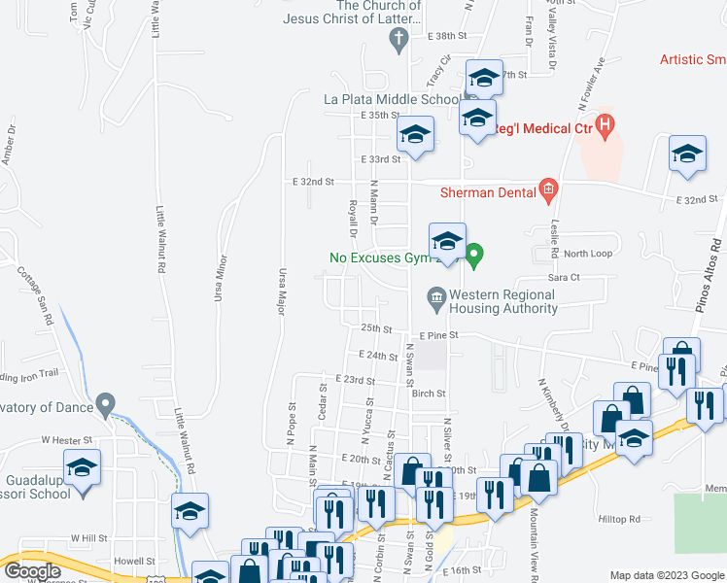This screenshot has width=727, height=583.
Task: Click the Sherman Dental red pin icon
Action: pyautogui.click(x=548, y=192)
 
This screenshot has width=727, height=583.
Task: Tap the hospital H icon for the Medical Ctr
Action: pyautogui.click(x=606, y=124)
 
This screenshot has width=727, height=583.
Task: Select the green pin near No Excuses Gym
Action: pyautogui.click(x=474, y=257)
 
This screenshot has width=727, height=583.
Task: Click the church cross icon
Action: pyautogui.click(x=398, y=41)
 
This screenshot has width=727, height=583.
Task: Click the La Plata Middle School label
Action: pyautogui.click(x=391, y=99)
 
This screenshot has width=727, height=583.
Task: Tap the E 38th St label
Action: pyautogui.click(x=447, y=36)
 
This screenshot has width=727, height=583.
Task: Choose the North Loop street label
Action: pyautogui.click(x=588, y=254)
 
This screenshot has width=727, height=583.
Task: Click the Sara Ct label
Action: pyautogui.click(x=564, y=278)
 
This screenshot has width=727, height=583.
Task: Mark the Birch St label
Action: pyautogui.click(x=428, y=394)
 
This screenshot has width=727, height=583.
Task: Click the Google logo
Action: pyautogui.click(x=32, y=571)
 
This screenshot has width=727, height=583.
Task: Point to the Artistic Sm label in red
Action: pyautogui.click(x=692, y=59)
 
